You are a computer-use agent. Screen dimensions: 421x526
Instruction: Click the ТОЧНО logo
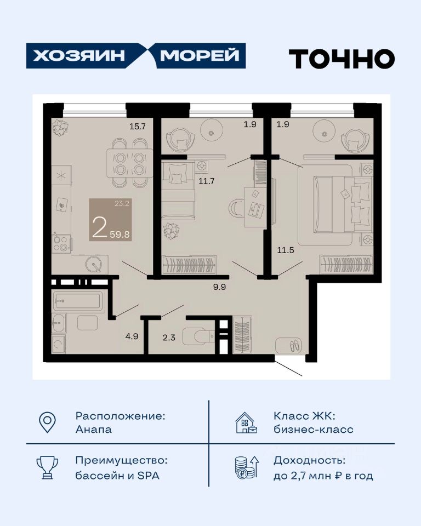(x=342, y=59)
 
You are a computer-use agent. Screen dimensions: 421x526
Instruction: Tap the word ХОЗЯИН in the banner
(x=79, y=56)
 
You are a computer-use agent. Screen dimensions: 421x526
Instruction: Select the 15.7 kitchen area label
(x=138, y=127)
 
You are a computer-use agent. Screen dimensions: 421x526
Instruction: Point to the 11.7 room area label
(x=207, y=181)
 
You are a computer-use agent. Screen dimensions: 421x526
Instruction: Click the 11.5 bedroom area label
(x=286, y=250)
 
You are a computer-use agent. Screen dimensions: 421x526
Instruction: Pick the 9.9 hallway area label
(x=219, y=287)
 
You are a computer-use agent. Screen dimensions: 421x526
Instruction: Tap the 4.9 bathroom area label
(x=132, y=336)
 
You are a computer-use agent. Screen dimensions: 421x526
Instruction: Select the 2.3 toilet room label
(x=169, y=338)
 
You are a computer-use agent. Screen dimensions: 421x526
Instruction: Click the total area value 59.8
(x=120, y=234)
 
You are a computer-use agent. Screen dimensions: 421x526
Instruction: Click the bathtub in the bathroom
(x=77, y=301)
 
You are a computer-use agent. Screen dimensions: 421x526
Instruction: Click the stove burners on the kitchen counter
(x=61, y=244)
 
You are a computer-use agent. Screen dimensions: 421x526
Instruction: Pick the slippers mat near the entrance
(x=288, y=345)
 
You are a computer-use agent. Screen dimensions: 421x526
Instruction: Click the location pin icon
(x=47, y=422)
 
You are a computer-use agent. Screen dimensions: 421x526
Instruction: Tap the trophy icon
(x=47, y=467)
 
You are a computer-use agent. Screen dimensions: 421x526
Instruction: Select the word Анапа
(x=94, y=430)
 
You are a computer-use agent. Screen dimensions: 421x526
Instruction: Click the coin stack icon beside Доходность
(x=247, y=467)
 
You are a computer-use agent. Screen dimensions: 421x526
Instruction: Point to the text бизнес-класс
(x=314, y=430)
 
